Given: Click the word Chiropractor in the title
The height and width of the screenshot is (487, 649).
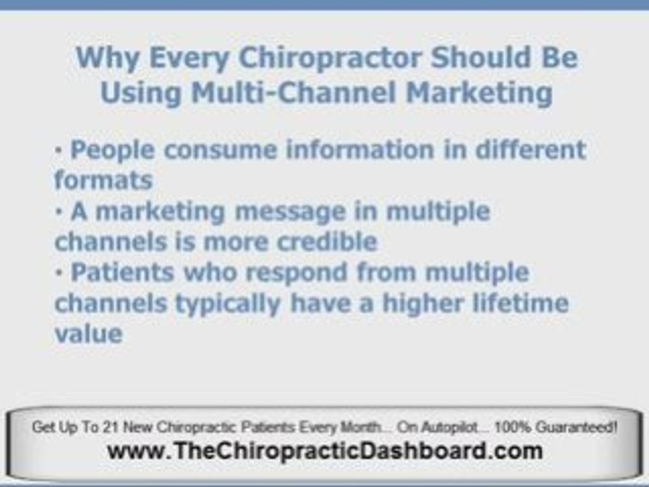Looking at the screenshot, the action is [x=331, y=58].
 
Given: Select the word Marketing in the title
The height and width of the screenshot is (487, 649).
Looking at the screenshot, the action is [x=479, y=93].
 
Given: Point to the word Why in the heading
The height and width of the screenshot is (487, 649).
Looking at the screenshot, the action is [x=107, y=58].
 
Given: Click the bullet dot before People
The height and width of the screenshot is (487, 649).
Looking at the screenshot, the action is [x=58, y=150].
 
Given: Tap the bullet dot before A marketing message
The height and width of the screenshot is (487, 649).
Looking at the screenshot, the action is [x=58, y=212].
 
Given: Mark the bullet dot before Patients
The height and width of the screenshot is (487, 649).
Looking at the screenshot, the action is [x=58, y=273].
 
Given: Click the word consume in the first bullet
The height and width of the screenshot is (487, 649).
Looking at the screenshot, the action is [x=220, y=150].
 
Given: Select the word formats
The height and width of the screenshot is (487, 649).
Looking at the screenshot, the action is [x=103, y=180].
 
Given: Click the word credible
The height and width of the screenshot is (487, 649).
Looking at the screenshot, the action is [x=327, y=241].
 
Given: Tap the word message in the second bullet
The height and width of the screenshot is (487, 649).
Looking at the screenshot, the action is [x=290, y=212].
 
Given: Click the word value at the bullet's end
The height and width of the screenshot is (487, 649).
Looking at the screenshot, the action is [x=89, y=333].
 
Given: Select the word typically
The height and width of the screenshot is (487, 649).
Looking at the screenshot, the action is [x=228, y=304].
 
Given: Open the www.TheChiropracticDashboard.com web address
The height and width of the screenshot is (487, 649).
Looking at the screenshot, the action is [x=324, y=450].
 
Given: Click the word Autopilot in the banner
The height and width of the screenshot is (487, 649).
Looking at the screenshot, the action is [x=450, y=427].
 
